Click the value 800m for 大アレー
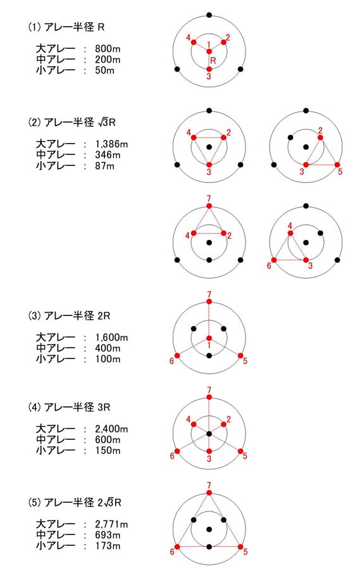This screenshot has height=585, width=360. pos(108,49)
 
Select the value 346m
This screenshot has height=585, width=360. pos(108,155)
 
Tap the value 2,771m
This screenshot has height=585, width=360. pos(111,524)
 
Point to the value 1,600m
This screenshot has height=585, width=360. pos(111,337)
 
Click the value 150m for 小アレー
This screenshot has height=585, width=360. pos(108,450)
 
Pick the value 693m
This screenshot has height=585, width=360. pos(108,535)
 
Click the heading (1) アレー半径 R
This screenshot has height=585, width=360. pos(66,27)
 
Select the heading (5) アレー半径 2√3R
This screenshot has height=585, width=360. pos(75,503)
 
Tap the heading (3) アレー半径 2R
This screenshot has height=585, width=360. pos(70,316)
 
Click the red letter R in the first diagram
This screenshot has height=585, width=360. pos(213,60)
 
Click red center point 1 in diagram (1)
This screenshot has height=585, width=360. pos(209,51)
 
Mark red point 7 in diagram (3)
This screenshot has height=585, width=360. pos(209,301)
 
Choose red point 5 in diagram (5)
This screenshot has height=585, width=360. pos(240,547)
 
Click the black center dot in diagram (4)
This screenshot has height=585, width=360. pos(209,434)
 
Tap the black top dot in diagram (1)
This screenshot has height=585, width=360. pos(209,15)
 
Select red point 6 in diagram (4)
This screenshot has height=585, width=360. pos(177,451)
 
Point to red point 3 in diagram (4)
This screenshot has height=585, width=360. pos(209,451)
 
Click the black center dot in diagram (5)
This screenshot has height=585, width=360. pos(209,529)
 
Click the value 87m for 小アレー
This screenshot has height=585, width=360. pos(105,166)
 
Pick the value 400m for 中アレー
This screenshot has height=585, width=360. pos(108,348)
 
